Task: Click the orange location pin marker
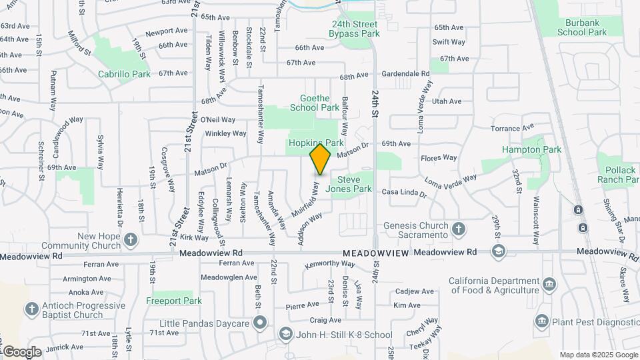321,159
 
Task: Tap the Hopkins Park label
315,143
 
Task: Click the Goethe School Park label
315,103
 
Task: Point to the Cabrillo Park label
125,75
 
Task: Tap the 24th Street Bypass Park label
355,29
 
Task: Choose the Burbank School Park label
582,27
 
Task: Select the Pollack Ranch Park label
619,175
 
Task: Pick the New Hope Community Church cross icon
131,239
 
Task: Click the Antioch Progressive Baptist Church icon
31,309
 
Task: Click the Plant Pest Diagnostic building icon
542,321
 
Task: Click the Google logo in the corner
21,351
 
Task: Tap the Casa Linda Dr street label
403,193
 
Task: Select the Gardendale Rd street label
406,73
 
